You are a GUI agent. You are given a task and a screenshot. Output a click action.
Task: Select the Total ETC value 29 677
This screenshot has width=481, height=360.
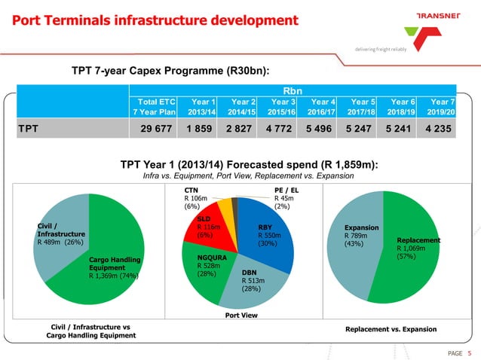point(155,128)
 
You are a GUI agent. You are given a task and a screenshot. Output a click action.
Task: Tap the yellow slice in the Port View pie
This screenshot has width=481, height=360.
point(224,207)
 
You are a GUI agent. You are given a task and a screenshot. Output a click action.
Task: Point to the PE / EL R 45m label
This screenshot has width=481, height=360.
point(287,198)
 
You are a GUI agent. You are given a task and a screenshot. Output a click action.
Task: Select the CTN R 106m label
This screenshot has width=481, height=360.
point(198,198)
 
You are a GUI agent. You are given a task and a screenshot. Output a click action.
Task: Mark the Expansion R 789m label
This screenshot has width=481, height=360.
point(360,235)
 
